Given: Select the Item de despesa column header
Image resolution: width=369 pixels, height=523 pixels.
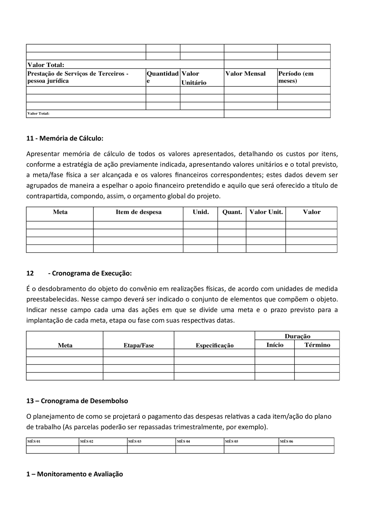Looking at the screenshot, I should [138, 212].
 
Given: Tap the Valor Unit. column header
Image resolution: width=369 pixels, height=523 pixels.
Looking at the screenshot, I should [266, 212].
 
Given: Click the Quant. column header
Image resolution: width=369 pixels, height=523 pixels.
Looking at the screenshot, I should [232, 212].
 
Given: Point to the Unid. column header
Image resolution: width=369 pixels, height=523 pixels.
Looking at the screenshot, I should [201, 212].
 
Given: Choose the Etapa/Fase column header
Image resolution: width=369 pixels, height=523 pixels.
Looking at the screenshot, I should [139, 346].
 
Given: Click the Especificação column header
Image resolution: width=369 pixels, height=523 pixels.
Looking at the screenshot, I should [214, 346].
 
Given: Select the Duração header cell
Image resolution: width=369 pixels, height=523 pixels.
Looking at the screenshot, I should [297, 336].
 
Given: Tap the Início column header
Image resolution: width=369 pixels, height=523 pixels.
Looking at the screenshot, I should [275, 345].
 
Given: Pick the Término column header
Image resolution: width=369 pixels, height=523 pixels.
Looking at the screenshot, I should [317, 345].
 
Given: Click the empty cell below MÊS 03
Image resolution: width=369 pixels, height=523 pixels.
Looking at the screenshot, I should [151, 449].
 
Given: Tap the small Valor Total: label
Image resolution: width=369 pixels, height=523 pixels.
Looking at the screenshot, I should [38, 114].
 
